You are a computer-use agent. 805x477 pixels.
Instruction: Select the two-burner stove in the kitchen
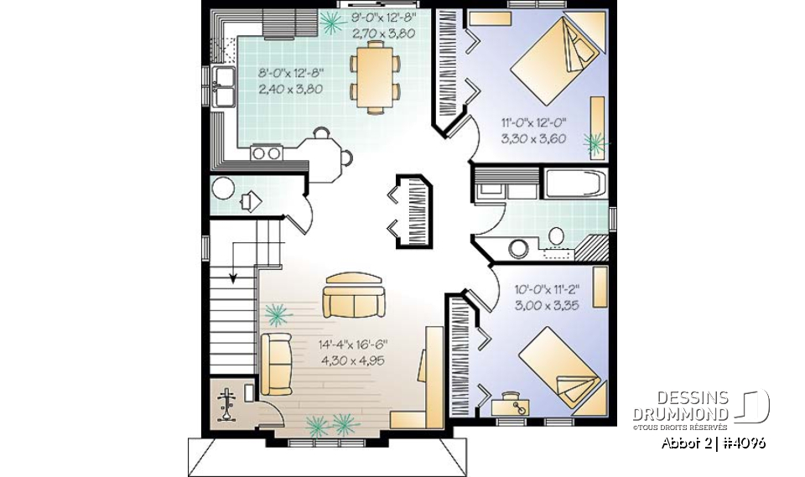click(x=266, y=153)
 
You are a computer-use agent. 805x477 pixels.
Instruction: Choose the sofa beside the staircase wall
click(x=276, y=363)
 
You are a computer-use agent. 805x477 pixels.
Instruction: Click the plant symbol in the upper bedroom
click(x=596, y=144)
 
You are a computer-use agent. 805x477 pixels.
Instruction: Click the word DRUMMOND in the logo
click(x=680, y=414)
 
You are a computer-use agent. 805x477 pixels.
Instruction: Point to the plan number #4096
click(x=741, y=442)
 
